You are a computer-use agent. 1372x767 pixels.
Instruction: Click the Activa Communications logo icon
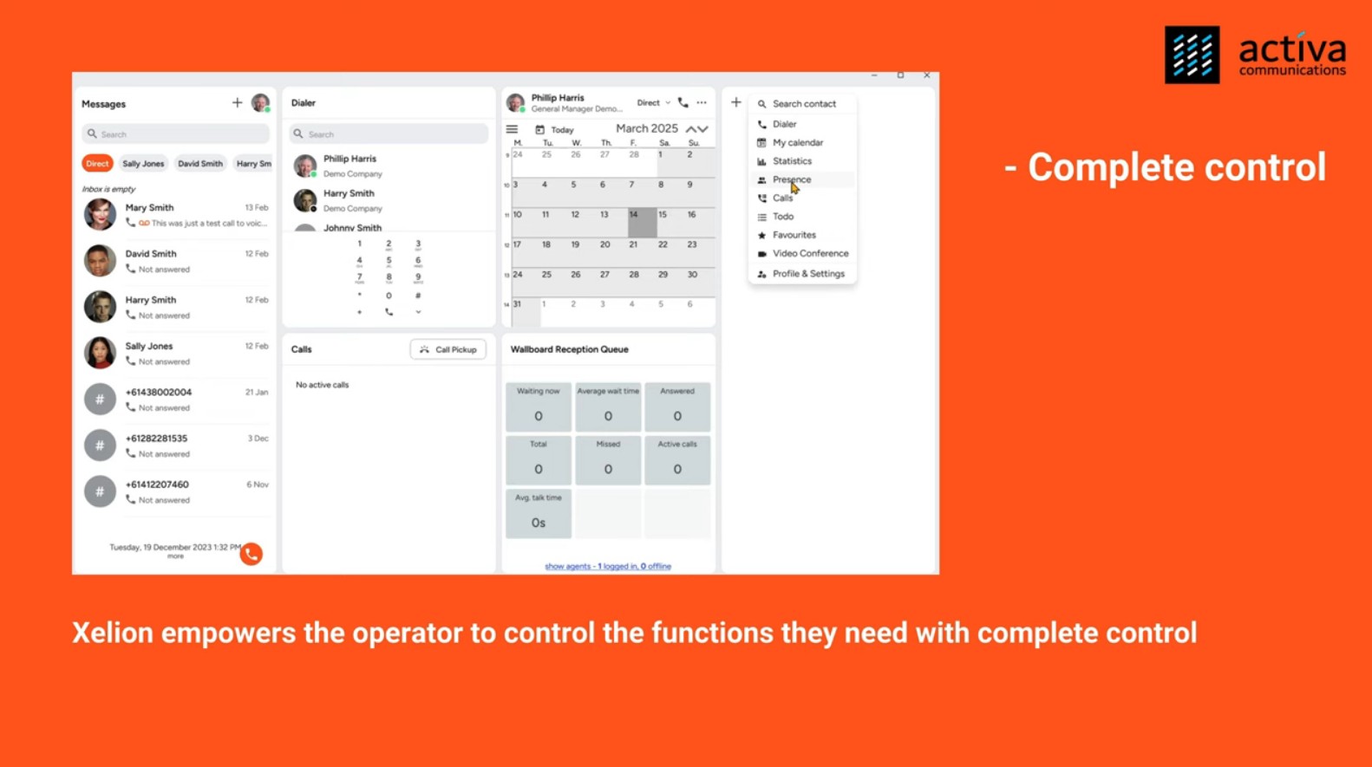[1192, 55]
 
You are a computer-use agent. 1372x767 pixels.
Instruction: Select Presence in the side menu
[791, 180]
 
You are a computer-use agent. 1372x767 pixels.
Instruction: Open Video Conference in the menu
[809, 254]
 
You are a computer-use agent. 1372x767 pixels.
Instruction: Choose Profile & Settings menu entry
[807, 274]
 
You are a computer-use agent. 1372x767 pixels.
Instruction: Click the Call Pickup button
[448, 350]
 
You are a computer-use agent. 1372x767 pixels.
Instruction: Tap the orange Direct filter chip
[97, 164]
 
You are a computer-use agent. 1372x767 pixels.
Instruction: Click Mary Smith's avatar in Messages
[100, 215]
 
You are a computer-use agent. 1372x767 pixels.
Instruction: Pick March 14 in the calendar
[642, 222]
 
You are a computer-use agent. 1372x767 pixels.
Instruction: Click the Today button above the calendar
[555, 130]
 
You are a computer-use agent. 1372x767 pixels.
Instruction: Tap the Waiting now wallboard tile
[539, 406]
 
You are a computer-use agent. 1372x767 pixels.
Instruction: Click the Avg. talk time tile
[539, 513]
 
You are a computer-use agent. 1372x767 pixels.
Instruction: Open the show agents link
[607, 567]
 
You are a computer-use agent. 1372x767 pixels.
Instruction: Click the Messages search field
[175, 134]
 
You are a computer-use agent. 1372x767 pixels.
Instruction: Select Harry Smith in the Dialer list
[349, 200]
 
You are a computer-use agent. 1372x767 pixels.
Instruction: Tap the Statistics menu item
[791, 161]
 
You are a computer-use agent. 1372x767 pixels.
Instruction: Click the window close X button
[927, 76]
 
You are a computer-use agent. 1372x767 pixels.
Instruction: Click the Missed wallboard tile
[608, 459]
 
